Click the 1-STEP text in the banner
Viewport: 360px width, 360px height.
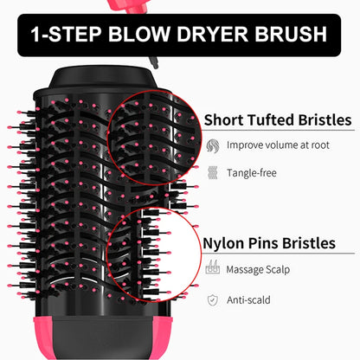pos(62,35)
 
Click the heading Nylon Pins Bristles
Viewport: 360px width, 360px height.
pos(269,243)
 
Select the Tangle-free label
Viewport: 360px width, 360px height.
pos(252,172)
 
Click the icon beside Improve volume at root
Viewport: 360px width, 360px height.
pos(213,145)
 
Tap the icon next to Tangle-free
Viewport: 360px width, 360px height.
pos(213,172)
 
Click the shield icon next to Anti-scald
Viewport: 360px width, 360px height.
pos(213,299)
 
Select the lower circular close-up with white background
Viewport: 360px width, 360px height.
pos(156,252)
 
